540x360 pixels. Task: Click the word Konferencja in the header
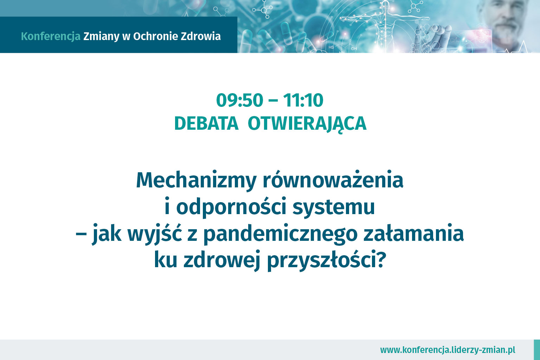coord(51,37)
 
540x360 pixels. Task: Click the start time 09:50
coord(240,100)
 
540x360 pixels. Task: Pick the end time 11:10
coord(303,100)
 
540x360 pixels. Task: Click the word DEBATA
coord(206,124)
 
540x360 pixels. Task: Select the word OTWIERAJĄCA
coord(307,124)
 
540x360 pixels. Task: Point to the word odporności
coord(231,206)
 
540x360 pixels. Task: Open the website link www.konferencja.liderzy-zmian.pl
coord(448,350)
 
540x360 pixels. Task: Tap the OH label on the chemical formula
coord(354,49)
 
